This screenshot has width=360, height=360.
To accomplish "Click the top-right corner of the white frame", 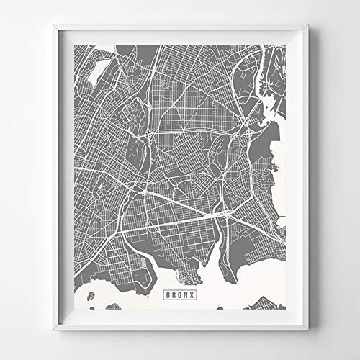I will (x=308, y=27).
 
